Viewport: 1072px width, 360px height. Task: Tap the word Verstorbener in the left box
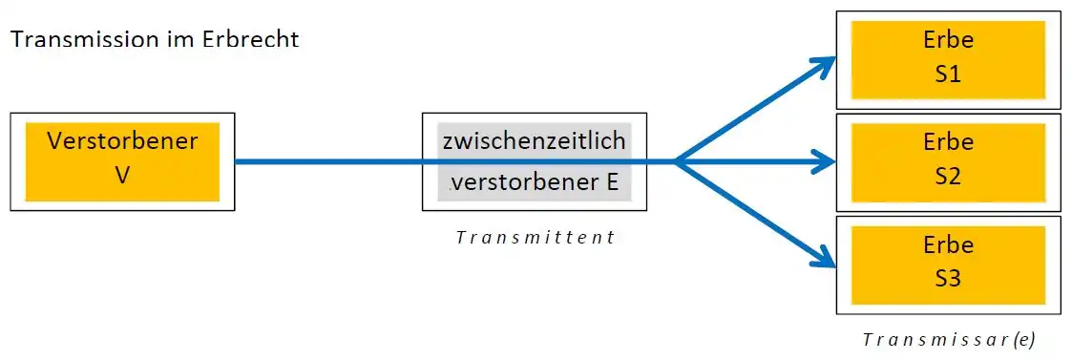(x=122, y=141)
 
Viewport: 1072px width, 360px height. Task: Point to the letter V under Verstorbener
(x=121, y=176)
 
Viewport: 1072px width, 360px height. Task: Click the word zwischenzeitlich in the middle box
(x=535, y=141)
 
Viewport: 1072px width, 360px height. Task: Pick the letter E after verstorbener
(x=611, y=181)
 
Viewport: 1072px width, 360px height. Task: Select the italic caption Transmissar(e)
(x=948, y=339)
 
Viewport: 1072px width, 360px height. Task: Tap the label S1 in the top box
(x=948, y=75)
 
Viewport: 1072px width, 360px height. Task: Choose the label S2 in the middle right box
(x=948, y=178)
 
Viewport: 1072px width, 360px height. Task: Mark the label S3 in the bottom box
(x=948, y=280)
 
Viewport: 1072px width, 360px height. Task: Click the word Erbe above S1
(x=948, y=41)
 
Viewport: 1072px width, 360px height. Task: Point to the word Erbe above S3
(x=948, y=245)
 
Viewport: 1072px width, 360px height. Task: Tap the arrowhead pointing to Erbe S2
(x=827, y=162)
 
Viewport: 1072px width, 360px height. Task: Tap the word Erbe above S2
(x=948, y=142)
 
